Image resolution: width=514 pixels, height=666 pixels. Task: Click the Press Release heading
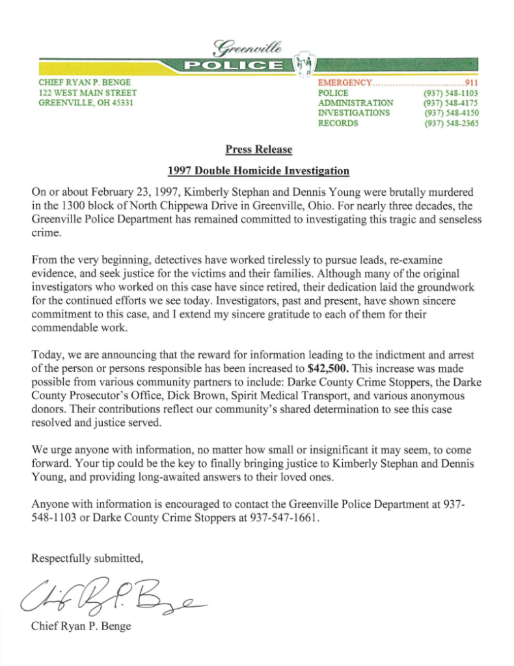click(x=258, y=150)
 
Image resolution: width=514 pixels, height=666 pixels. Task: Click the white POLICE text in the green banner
click(x=234, y=64)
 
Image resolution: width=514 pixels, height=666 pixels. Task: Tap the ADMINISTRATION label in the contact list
click(x=355, y=103)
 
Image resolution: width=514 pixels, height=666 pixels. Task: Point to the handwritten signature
click(x=111, y=594)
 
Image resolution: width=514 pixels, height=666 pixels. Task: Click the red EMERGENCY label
click(x=344, y=83)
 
